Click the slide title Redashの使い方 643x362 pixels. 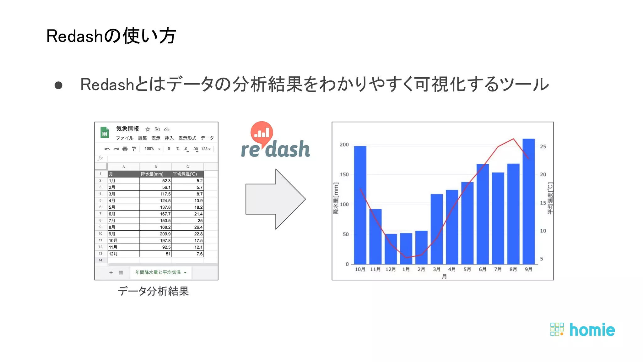tap(111, 36)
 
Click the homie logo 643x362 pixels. tap(583, 330)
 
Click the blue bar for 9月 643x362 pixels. tap(528, 201)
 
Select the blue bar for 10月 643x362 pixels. tap(360, 205)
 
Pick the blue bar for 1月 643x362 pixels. tap(406, 248)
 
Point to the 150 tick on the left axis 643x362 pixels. tap(344, 174)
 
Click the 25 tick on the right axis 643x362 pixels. tap(543, 146)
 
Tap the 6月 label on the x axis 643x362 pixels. tap(483, 269)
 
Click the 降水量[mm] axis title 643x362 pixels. tap(336, 198)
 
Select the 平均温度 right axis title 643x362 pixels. tap(550, 198)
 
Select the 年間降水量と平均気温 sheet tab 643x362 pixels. tap(159, 272)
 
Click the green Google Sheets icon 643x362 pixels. tap(105, 133)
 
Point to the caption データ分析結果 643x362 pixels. tap(153, 291)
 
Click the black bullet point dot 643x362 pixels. tap(58, 85)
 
